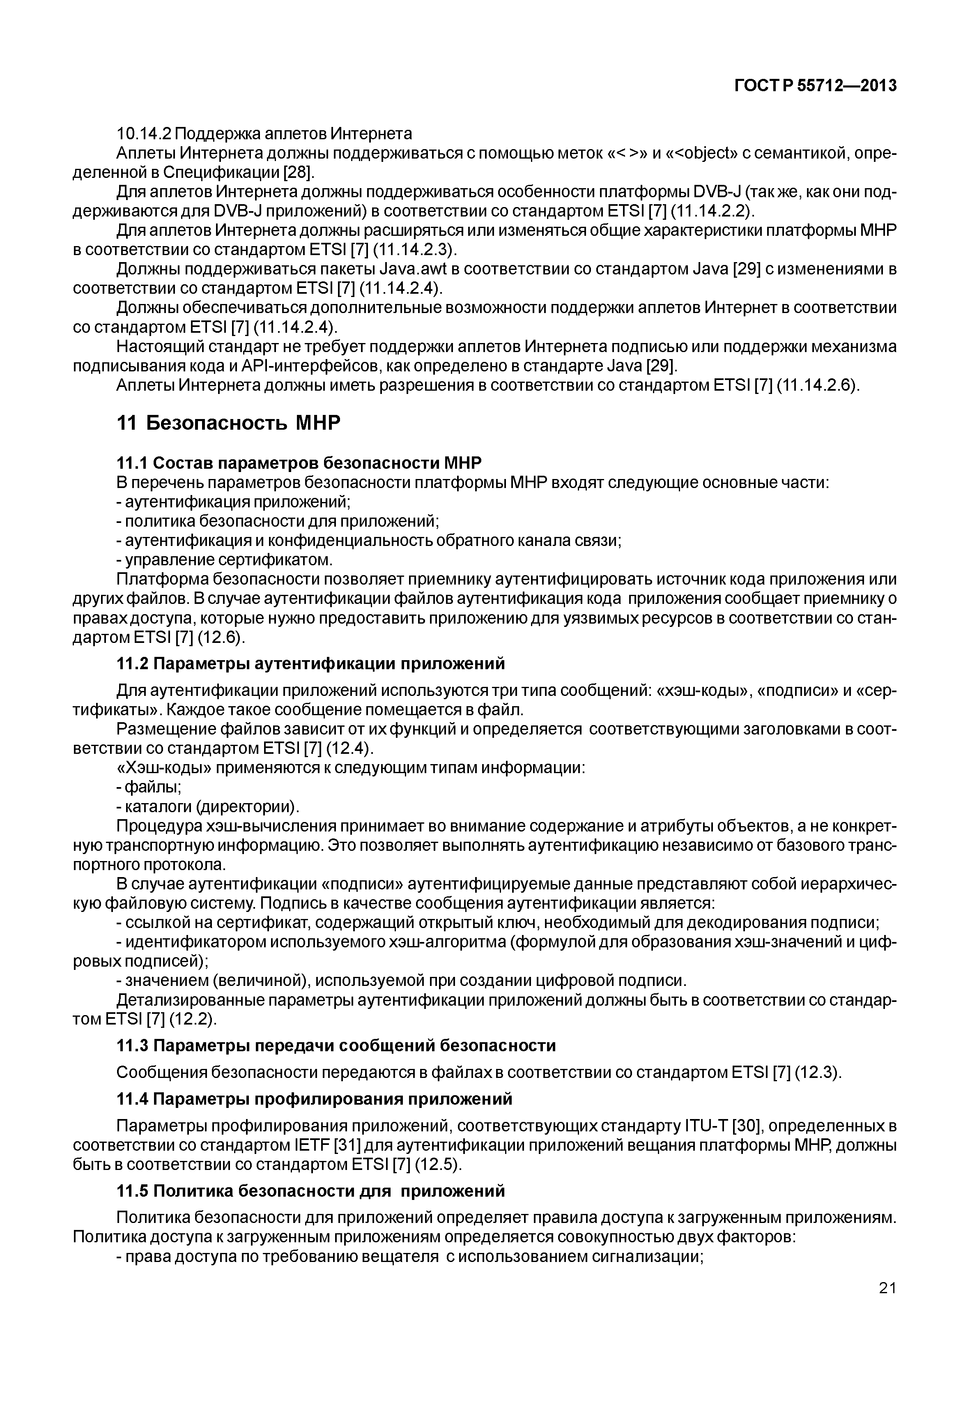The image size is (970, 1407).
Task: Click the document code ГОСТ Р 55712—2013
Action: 816,86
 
